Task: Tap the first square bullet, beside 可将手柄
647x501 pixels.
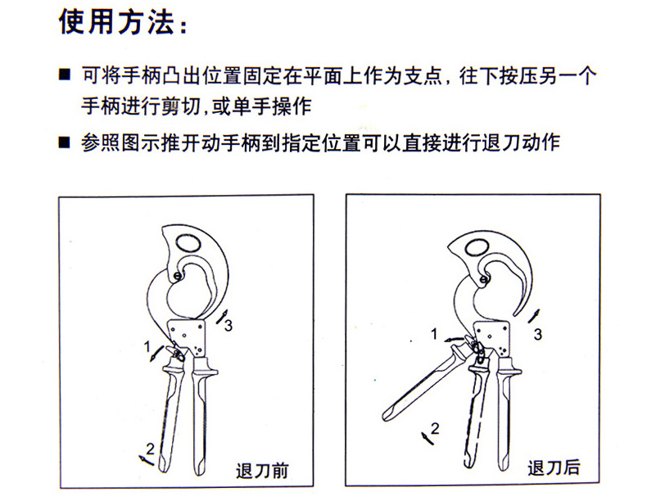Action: (65, 75)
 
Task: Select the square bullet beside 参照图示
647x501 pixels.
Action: (65, 143)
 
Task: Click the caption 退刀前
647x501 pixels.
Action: (262, 472)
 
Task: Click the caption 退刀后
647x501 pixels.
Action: (554, 468)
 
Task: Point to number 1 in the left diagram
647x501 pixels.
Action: (147, 347)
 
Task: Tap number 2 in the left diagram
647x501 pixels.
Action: (150, 449)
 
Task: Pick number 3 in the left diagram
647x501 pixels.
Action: (228, 326)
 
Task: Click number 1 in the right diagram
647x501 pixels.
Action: (434, 333)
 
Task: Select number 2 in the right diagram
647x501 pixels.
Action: (435, 429)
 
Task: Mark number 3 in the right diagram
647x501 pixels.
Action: (537, 334)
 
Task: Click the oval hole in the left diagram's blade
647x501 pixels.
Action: (188, 244)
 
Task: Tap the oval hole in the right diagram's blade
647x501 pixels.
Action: (477, 247)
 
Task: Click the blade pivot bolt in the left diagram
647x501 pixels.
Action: (178, 276)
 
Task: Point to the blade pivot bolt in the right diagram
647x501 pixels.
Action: (484, 281)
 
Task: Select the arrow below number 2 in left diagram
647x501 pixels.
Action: (146, 460)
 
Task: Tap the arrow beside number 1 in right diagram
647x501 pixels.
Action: (455, 339)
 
